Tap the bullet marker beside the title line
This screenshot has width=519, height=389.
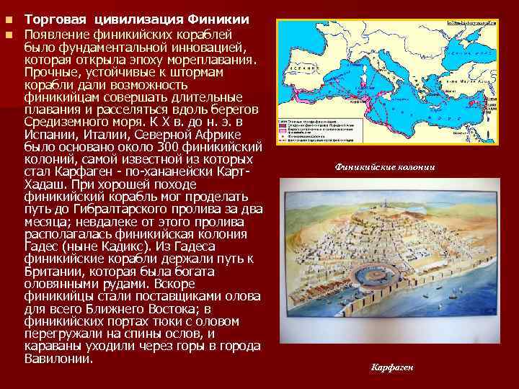(9, 17)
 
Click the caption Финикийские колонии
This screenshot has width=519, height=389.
(384, 167)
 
